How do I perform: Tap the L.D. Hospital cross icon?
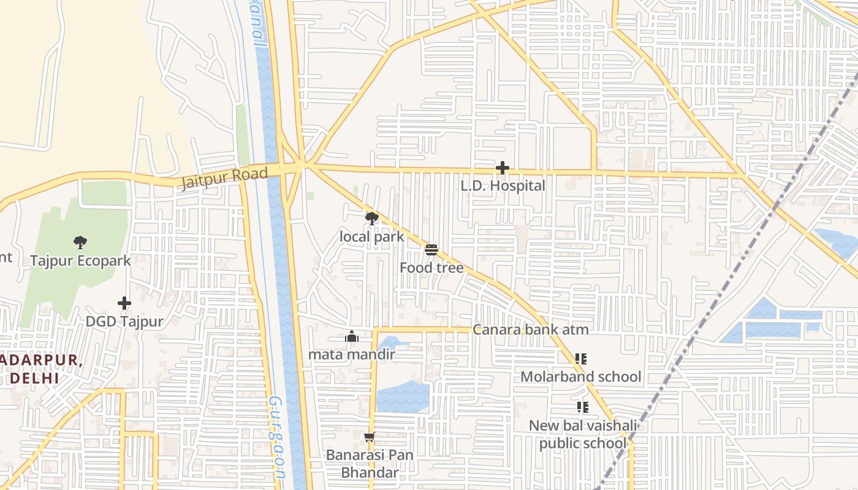[503, 168]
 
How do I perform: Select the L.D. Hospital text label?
[503, 186]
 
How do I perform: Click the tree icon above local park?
[371, 219]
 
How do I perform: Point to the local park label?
[372, 237]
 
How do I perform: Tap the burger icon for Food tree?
[431, 250]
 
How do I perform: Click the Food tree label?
[431, 268]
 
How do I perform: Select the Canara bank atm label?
[530, 330]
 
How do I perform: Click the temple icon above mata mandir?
[352, 336]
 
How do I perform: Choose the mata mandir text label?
[352, 354]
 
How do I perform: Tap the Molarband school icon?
[581, 359]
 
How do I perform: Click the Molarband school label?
[581, 377]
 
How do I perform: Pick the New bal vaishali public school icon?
[582, 407]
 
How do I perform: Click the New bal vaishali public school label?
[583, 434]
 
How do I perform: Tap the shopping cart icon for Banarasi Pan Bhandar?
[369, 437]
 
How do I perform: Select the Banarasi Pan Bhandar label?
[370, 464]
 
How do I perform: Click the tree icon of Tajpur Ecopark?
[80, 243]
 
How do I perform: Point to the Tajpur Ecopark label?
[81, 261]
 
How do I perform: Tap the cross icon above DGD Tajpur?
[124, 303]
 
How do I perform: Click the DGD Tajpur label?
[124, 322]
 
